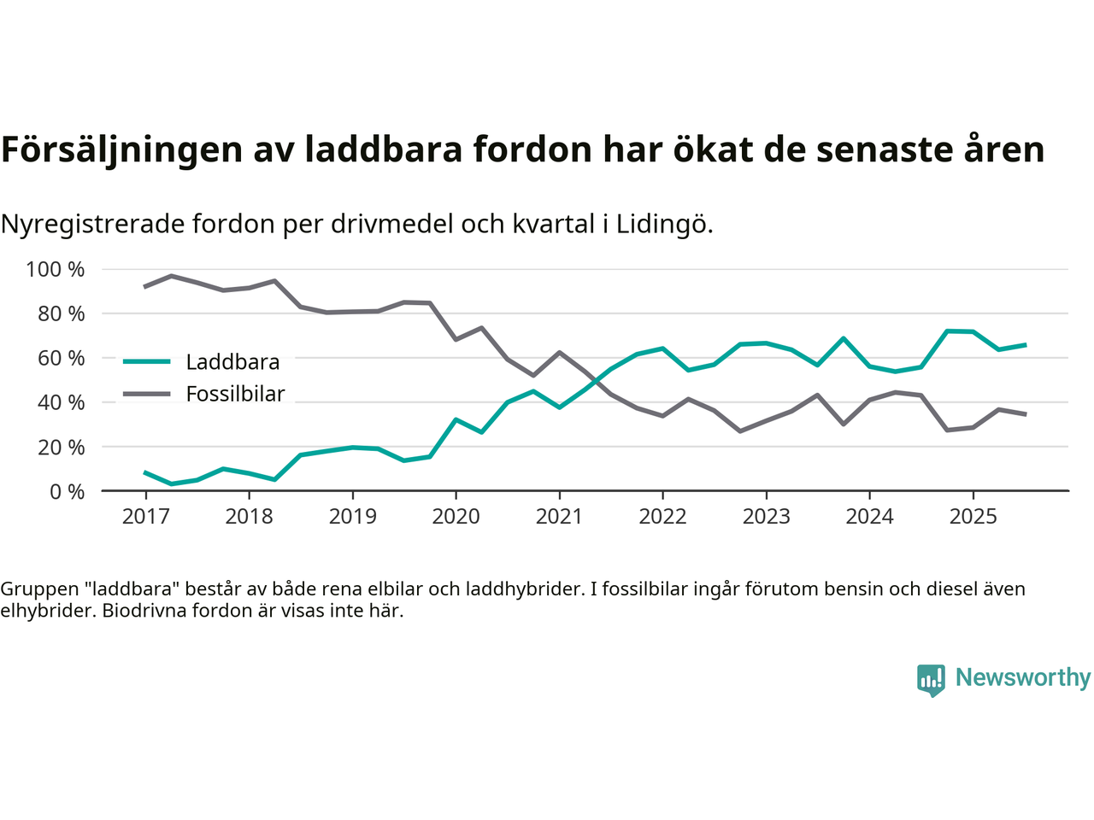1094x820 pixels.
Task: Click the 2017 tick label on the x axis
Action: tap(145, 517)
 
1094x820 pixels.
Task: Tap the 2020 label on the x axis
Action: tap(456, 517)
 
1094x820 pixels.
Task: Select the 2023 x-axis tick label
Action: tap(766, 517)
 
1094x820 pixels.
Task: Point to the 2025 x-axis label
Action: tap(973, 517)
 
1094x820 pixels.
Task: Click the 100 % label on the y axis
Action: tap(56, 270)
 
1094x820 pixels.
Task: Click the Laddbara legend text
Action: tap(232, 362)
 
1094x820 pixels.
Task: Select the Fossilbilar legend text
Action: tap(235, 394)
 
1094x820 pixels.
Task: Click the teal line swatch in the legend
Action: tap(147, 361)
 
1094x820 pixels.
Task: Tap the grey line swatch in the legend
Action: tap(147, 394)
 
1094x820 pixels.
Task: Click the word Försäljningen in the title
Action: tap(122, 149)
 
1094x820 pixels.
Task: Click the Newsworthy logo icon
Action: tap(931, 680)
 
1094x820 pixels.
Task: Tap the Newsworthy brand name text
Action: tap(1022, 677)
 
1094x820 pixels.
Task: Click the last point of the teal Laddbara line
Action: tap(1026, 345)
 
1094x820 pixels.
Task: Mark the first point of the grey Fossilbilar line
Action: tap(144, 287)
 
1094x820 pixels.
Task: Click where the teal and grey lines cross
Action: tap(599, 381)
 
